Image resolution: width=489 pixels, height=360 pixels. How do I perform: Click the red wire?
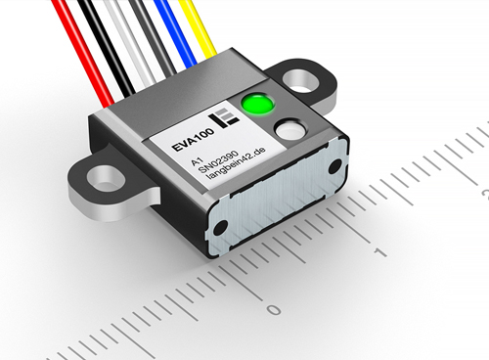[83, 54]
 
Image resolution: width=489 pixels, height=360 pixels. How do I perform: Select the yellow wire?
[199, 29]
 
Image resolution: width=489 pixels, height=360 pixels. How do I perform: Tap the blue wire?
[177, 34]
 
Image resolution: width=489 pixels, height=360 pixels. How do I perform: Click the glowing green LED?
[257, 104]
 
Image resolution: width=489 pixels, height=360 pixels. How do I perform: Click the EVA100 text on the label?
[194, 140]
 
